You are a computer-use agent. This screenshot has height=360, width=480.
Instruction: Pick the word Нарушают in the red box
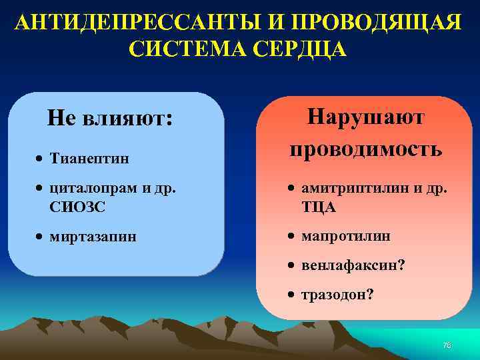[365, 117]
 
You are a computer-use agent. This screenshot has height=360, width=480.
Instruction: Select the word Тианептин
[89, 159]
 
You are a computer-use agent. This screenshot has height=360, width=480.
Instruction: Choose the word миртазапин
[93, 236]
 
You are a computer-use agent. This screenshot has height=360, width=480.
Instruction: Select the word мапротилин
[345, 236]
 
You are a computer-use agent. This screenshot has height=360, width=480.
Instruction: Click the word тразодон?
[337, 295]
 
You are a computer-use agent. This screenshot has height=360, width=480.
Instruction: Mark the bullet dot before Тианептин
[40, 159]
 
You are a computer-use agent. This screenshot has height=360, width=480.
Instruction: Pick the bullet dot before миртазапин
[40, 237]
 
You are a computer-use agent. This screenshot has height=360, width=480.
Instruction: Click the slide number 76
[447, 345]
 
